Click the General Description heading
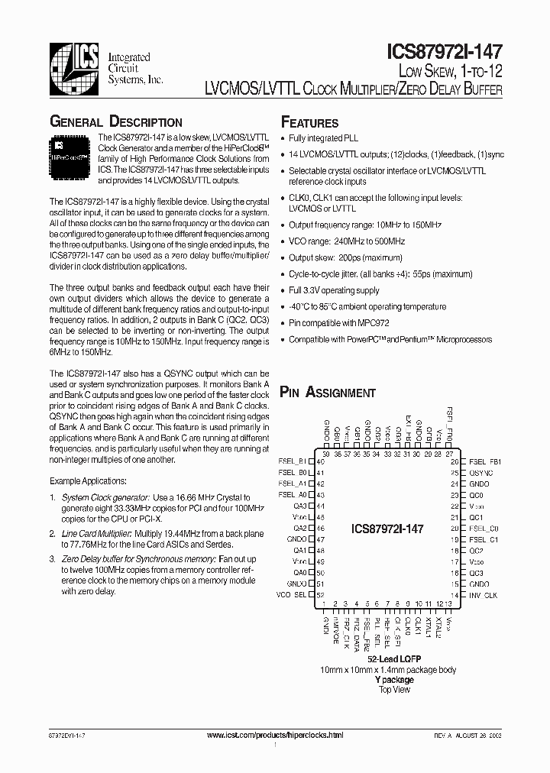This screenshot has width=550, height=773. coord(115,122)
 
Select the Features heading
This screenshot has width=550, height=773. coord(309,122)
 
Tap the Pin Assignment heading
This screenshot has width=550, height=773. coord(328,393)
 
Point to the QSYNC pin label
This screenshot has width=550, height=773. coord(480,473)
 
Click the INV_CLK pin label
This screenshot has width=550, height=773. coord(483,595)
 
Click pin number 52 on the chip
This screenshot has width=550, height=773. coord(320,595)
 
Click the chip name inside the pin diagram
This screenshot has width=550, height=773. coord(387,529)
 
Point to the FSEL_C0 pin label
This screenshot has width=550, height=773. coord(484,528)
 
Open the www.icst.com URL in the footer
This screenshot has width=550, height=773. coord(276,734)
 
